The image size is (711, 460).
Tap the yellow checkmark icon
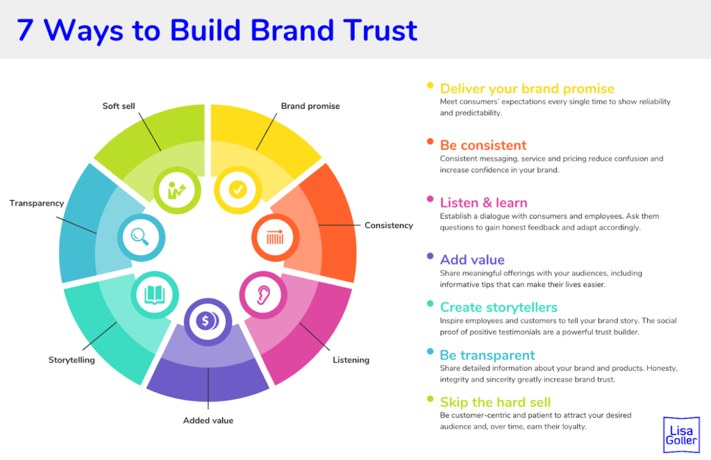(x=237, y=189)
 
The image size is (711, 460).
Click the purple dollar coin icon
(x=206, y=321)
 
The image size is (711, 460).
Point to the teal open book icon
(x=153, y=295)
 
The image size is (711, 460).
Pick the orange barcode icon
(x=274, y=237)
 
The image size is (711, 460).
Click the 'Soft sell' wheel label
(x=119, y=106)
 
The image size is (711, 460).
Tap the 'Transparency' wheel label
(x=37, y=203)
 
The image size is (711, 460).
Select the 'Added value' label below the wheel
(x=208, y=420)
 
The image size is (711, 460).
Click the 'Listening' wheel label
(x=351, y=360)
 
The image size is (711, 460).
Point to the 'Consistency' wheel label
(x=389, y=225)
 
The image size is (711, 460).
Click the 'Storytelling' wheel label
(x=72, y=360)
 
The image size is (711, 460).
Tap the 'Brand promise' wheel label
(x=310, y=106)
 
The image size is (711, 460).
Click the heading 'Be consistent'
(x=483, y=145)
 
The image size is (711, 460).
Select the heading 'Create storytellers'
(x=499, y=307)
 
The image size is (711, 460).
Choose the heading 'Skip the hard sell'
(x=495, y=402)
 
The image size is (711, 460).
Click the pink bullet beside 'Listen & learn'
(x=430, y=200)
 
